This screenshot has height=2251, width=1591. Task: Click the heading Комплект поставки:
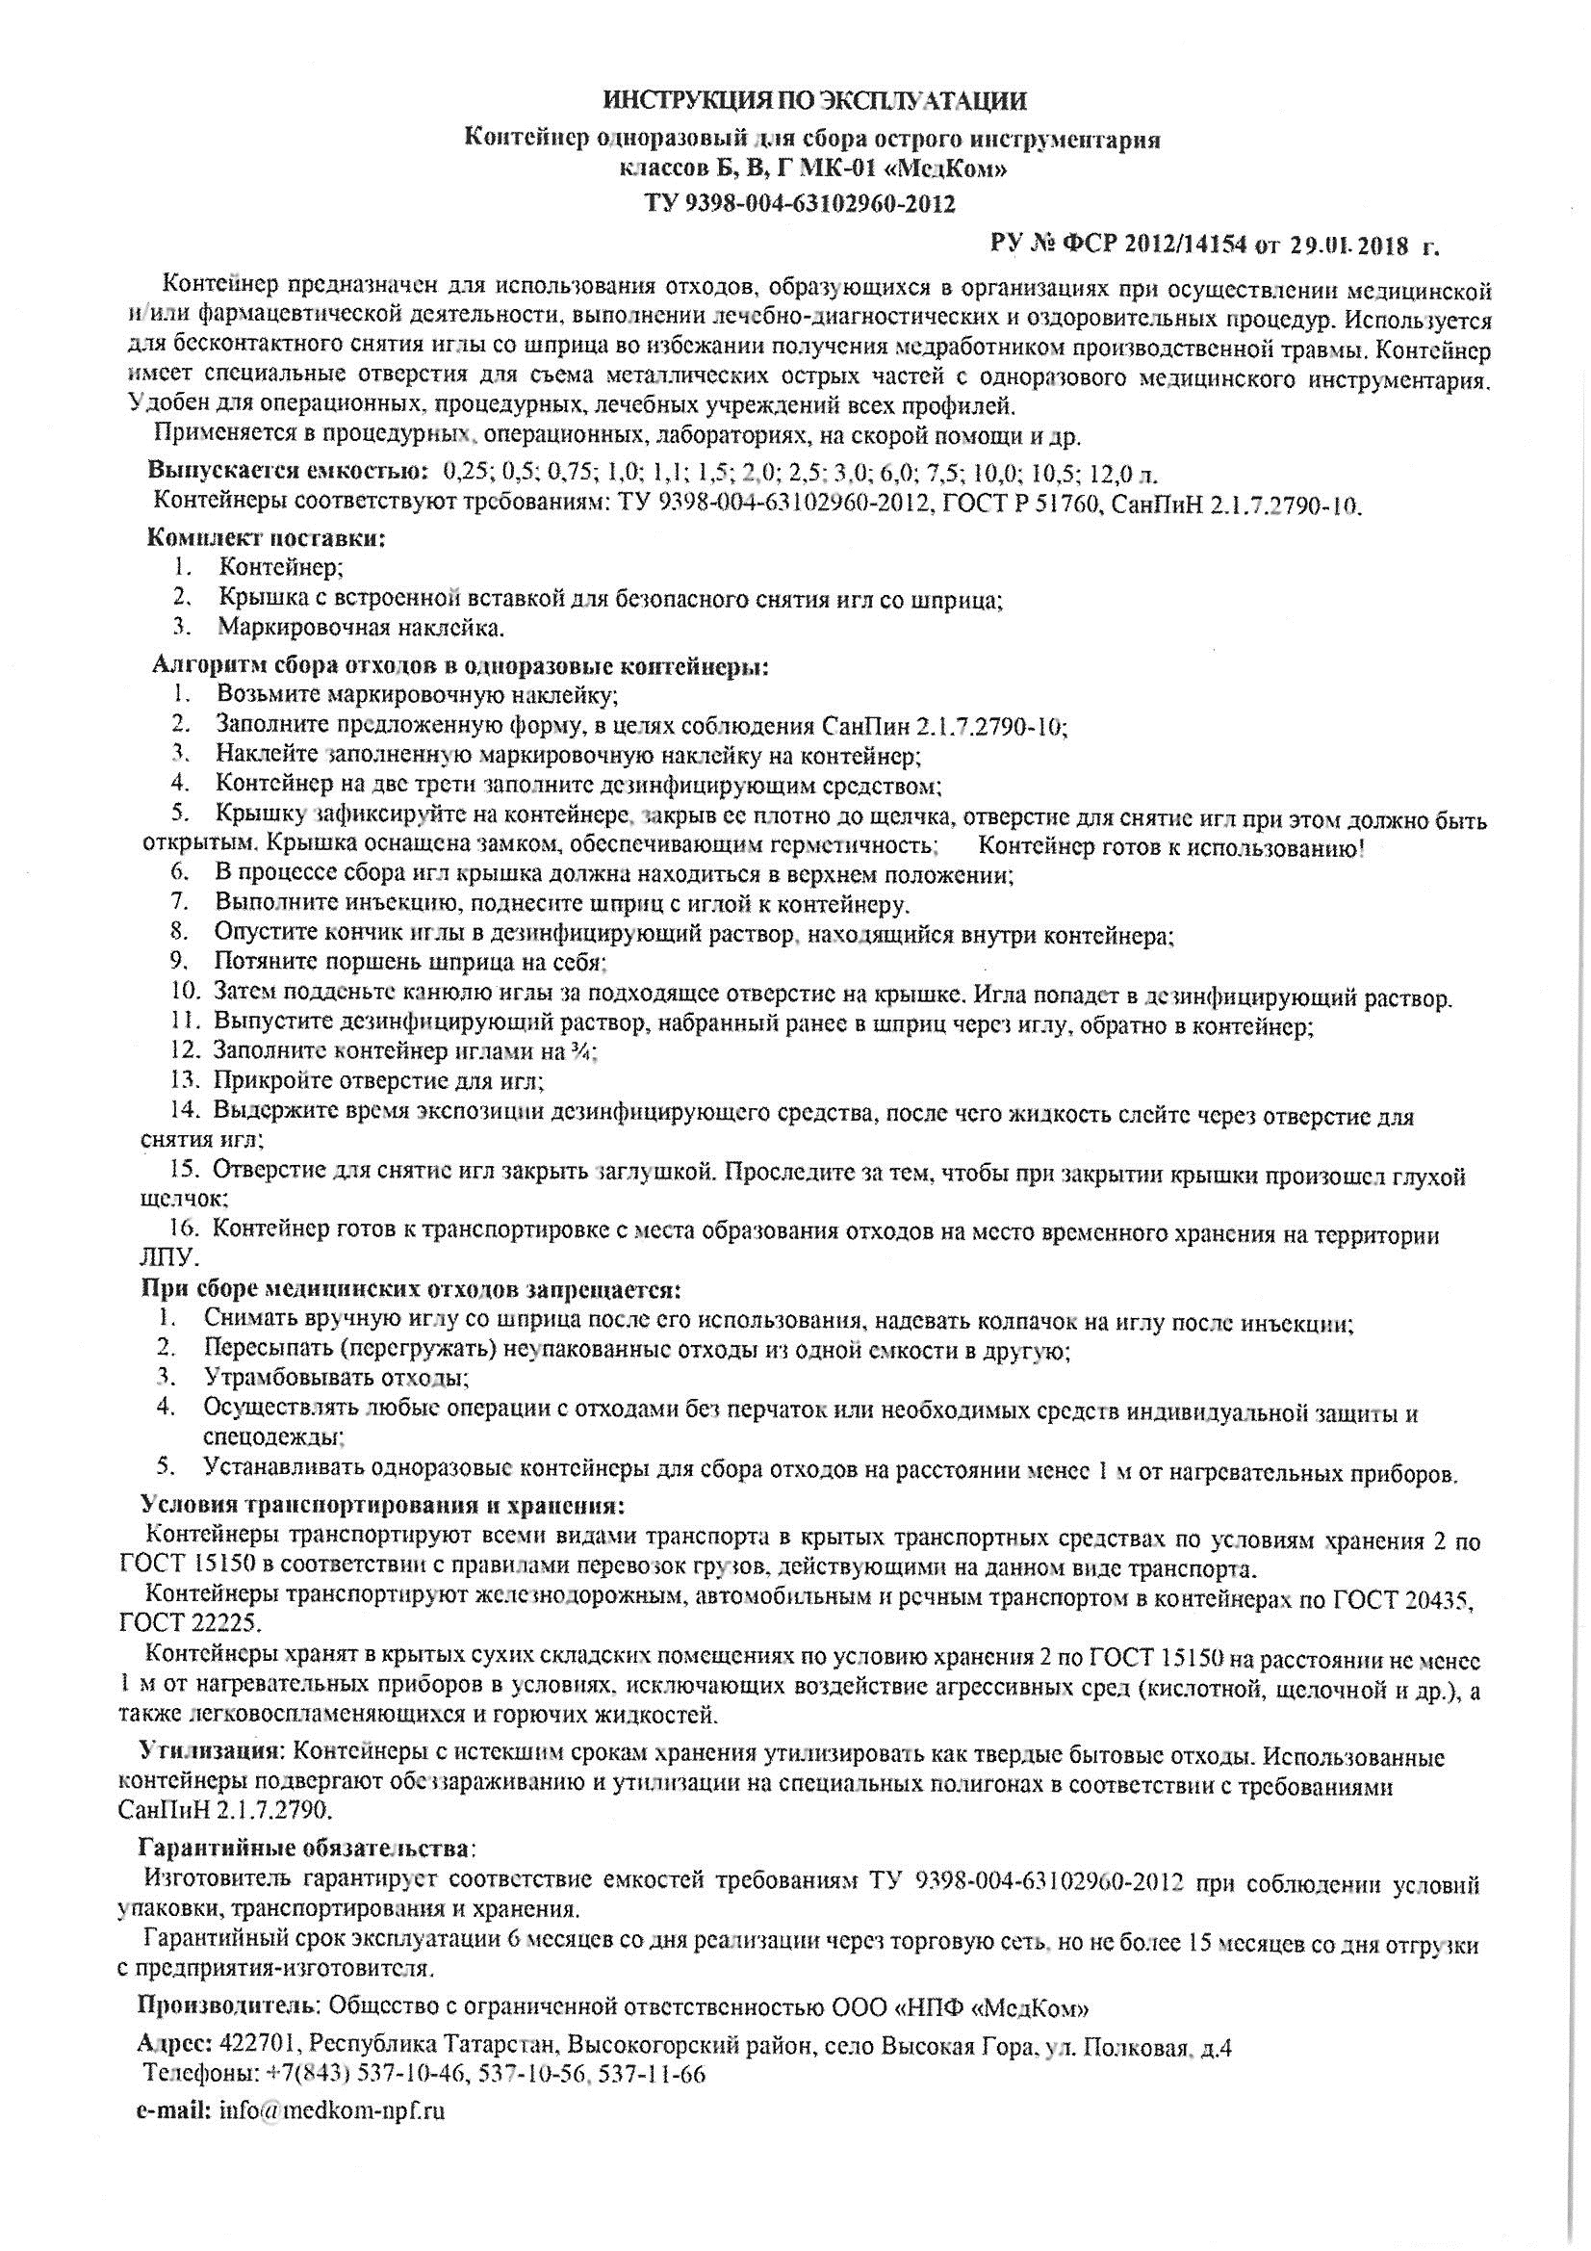pyautogui.click(x=266, y=537)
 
